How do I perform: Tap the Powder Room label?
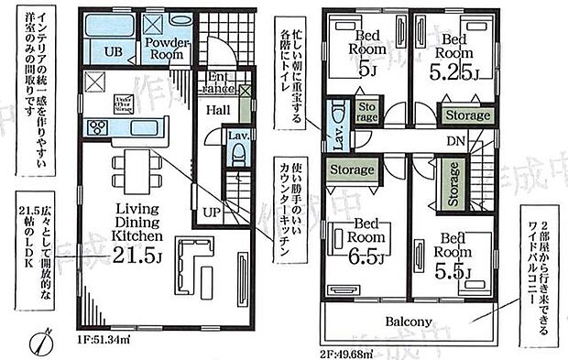point(166,48)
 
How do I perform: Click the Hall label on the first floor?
point(218,110)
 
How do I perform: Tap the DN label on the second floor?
point(454,142)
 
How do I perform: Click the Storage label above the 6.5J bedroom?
point(353,169)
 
